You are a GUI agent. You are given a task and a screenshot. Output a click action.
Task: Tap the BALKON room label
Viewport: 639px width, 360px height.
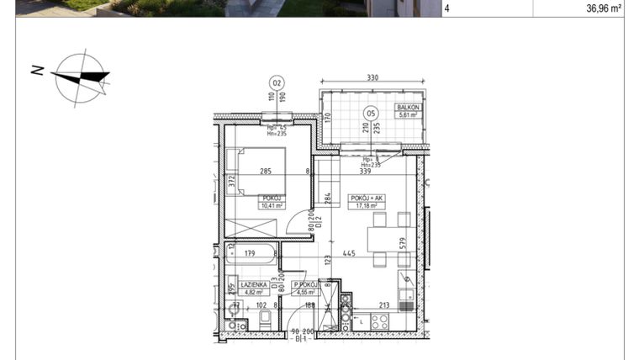[x=408, y=109]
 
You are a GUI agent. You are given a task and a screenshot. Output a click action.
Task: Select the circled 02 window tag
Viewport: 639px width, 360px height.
[x=277, y=82]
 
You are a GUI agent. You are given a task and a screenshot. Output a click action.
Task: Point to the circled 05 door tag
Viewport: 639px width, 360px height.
[x=368, y=114]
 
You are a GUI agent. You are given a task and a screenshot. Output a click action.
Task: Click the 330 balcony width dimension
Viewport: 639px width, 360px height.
[x=372, y=78]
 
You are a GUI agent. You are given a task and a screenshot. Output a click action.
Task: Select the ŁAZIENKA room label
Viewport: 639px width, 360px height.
[x=240, y=284]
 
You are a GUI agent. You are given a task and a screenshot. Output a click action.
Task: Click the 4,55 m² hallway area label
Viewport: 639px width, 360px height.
[x=304, y=293]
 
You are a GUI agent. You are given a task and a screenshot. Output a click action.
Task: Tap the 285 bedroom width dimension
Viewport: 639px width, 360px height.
[x=267, y=172]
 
